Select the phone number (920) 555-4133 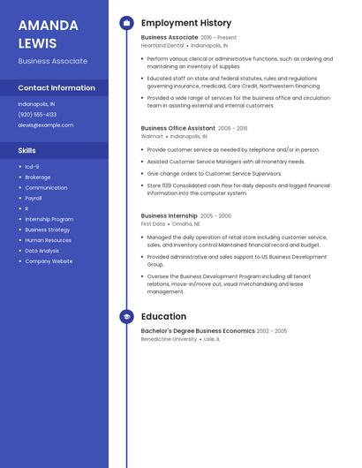[37, 114]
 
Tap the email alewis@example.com [46, 125]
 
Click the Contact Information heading [57, 87]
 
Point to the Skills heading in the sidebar [27, 150]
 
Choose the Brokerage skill [38, 177]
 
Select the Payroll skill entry [34, 199]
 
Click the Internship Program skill [49, 219]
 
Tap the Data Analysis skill [42, 251]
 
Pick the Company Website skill [49, 261]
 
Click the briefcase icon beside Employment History [126, 23]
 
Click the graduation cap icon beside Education [126, 316]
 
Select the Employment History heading [186, 23]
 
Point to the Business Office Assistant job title [178, 128]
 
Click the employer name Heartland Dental [162, 45]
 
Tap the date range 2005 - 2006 [215, 215]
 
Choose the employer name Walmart [152, 137]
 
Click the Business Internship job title [169, 215]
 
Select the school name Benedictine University [169, 339]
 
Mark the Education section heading [163, 316]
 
